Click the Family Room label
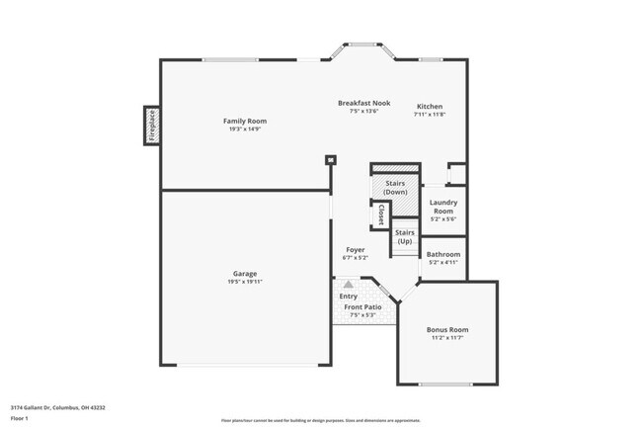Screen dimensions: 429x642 [244, 122]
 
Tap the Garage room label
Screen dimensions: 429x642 [245, 274]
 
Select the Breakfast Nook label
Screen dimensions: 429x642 [363, 103]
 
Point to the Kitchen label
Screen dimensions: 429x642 [429, 107]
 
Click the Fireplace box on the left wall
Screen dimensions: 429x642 [152, 126]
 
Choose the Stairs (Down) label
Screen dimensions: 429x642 [395, 187]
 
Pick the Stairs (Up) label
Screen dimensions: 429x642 [404, 237]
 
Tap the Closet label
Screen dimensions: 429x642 [380, 214]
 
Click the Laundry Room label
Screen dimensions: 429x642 [442, 207]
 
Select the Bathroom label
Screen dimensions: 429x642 [442, 254]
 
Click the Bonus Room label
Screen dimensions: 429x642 [447, 330]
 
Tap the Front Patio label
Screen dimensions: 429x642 [362, 307]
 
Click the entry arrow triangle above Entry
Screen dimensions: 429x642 [348, 285]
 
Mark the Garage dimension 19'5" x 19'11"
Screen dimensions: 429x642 [245, 282]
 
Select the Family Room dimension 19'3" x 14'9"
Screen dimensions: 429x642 [244, 129]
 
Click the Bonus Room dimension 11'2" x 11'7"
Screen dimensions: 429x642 [447, 338]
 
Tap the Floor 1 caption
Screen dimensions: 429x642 [21, 419]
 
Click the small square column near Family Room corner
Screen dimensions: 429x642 [330, 160]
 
